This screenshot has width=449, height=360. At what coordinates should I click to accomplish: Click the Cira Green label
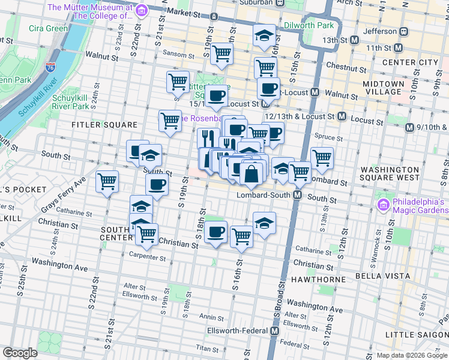tap(49, 28)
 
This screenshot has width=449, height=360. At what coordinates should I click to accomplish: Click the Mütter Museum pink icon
tap(142, 10)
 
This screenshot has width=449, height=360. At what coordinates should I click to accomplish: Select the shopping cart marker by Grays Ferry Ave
tap(107, 181)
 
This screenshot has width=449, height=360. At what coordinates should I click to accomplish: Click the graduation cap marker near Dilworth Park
tap(264, 35)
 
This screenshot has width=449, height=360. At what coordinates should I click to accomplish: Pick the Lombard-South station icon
tap(297, 196)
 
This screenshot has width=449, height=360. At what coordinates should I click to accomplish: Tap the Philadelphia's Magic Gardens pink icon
tap(382, 206)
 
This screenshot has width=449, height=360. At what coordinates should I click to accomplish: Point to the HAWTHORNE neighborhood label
tap(318, 280)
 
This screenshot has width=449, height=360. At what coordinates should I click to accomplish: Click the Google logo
tap(20, 352)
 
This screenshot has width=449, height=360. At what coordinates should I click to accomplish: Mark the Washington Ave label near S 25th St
tap(59, 263)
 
